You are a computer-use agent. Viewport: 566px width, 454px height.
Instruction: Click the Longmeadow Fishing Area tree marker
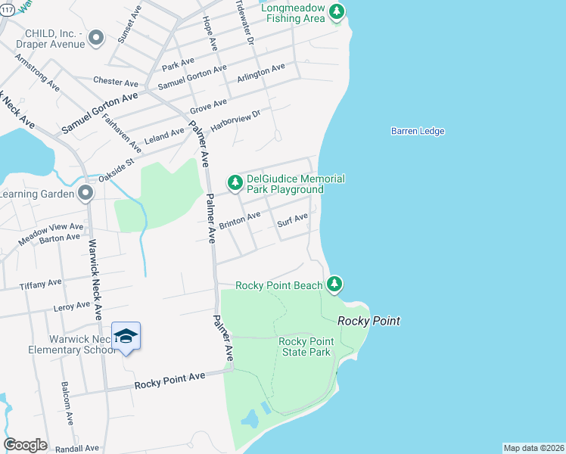[337, 11]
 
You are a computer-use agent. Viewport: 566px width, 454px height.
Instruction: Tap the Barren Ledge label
[418, 131]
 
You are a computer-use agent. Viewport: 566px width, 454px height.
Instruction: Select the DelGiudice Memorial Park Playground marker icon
[235, 182]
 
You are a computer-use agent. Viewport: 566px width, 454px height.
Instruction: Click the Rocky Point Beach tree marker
[334, 285]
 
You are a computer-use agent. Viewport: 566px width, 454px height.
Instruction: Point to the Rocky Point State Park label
[306, 347]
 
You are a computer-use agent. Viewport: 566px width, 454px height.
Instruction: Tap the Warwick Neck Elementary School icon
[126, 337]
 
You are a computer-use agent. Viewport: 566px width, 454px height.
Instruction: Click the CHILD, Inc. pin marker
[95, 38]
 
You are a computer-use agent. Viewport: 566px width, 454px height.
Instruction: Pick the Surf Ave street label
[292, 220]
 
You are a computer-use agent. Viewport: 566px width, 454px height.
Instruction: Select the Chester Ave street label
[113, 80]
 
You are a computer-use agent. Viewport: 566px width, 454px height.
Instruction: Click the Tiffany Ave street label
[42, 284]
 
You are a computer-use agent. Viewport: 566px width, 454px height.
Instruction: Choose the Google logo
[25, 445]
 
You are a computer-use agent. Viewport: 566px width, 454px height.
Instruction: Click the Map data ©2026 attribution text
[533, 448]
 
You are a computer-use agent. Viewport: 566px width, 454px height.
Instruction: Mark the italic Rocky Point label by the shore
[369, 321]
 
